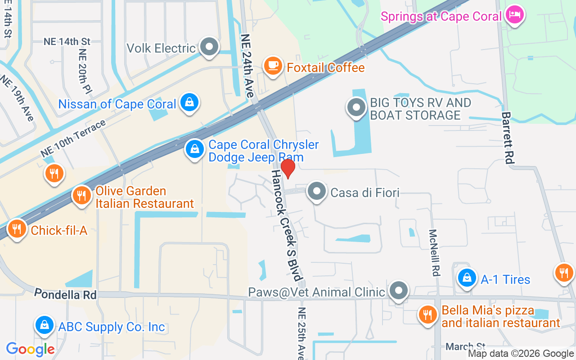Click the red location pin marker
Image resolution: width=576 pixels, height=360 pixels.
[288, 168]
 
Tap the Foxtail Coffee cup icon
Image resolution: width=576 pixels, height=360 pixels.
[273, 66]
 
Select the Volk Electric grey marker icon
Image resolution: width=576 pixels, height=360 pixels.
[209, 46]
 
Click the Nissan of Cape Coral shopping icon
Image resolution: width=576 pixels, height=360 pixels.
[190, 103]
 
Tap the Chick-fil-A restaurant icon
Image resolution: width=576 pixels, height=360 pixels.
[17, 229]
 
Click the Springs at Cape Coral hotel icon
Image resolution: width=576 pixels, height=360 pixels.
[514, 15]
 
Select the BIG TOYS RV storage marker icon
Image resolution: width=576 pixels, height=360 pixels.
[356, 108]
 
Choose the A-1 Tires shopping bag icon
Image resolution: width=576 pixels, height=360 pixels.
[468, 278]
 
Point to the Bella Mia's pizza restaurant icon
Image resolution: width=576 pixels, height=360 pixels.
[427, 315]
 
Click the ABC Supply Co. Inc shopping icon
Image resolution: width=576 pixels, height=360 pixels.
[45, 324]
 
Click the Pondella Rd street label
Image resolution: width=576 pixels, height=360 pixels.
[66, 295]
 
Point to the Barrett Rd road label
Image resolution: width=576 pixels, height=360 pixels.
[508, 138]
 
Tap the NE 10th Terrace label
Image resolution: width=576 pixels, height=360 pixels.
[73, 138]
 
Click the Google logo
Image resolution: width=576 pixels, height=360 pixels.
[30, 349]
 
